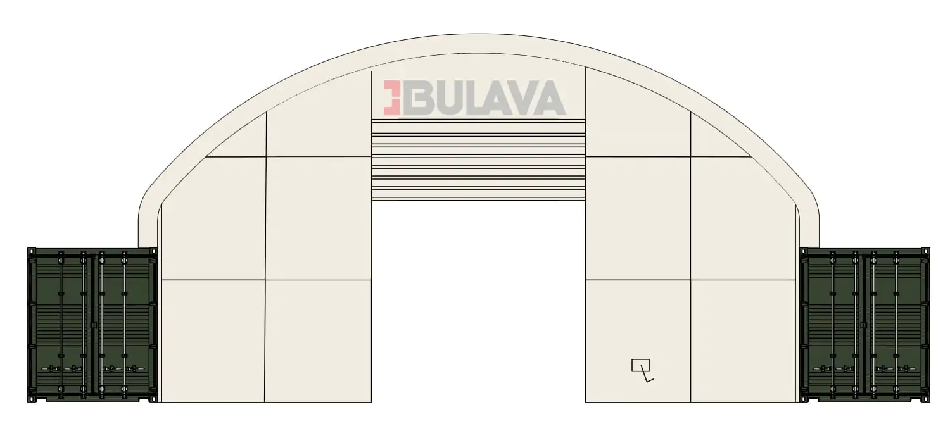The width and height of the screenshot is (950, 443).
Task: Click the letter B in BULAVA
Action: point(417,97)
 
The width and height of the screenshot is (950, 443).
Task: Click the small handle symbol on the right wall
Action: point(642,370)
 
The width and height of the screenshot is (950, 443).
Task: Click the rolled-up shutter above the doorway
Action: point(478,160)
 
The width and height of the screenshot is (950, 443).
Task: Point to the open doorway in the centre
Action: point(478,301)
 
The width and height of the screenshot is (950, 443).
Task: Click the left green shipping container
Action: point(92,325)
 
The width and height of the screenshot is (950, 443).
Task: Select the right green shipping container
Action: point(864,325)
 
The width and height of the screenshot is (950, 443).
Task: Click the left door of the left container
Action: point(61,325)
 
